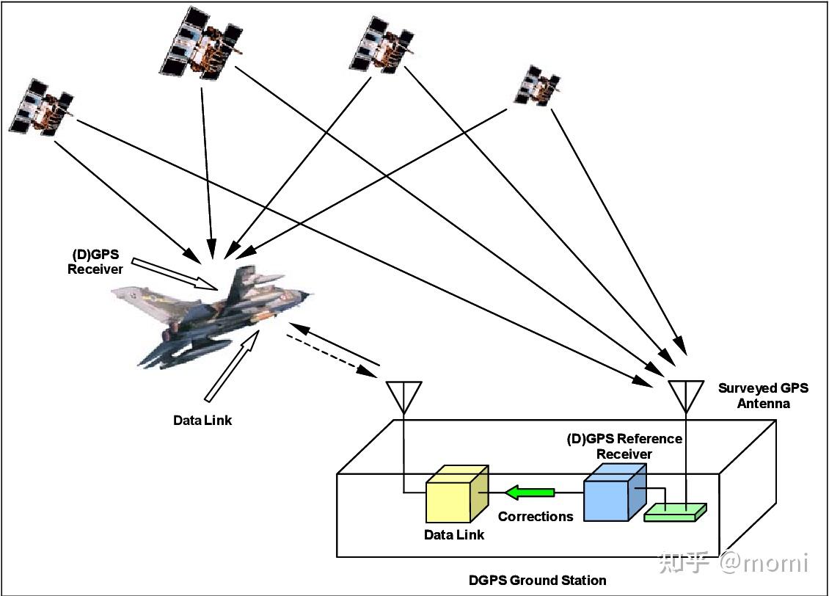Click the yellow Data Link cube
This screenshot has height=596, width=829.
456,495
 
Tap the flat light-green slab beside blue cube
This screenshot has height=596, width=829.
674,512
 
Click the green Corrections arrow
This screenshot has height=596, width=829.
528,491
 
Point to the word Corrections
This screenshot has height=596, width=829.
536,517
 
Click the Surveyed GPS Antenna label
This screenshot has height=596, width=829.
763,396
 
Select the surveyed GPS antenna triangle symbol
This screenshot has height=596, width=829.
686,393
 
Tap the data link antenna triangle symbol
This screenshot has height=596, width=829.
403,394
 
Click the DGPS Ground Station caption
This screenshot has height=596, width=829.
537,581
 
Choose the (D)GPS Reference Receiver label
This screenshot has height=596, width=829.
624,446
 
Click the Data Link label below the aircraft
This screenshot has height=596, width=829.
202,421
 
